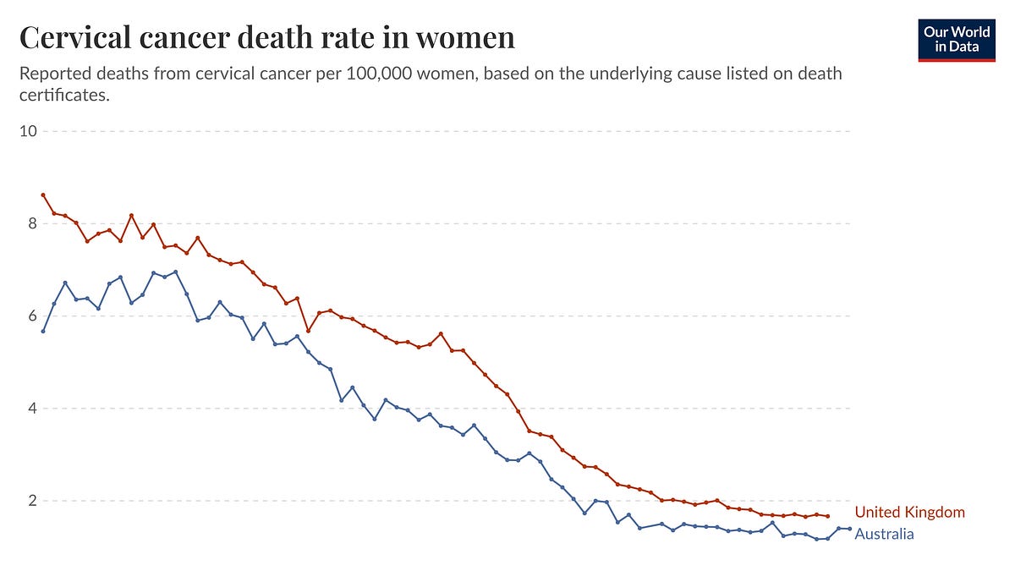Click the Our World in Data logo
(x=957, y=40)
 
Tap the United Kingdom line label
(x=909, y=512)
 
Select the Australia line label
(x=884, y=534)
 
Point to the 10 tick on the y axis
(x=28, y=131)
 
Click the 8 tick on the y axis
(x=32, y=223)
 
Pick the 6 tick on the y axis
(x=32, y=316)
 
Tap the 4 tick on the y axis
(x=32, y=409)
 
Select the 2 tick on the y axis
(x=32, y=501)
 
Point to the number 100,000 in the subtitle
(x=379, y=74)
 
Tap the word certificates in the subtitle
(x=64, y=95)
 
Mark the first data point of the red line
(x=43, y=195)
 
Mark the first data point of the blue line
(x=43, y=332)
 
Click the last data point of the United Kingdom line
(x=828, y=516)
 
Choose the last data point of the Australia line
(x=849, y=529)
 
